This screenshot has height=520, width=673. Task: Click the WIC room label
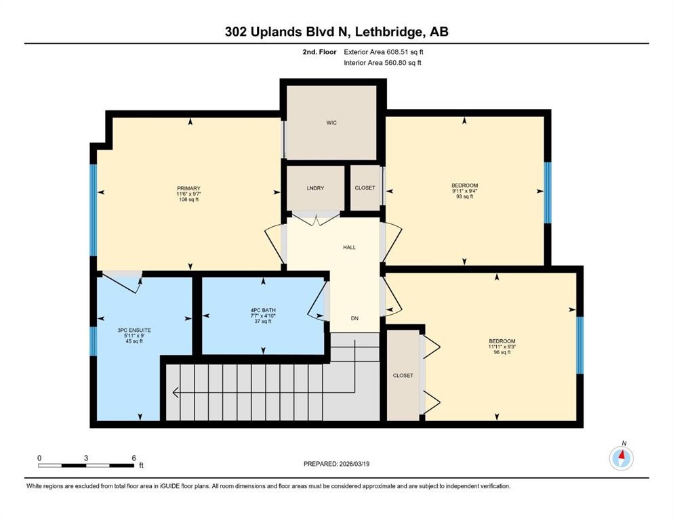331,123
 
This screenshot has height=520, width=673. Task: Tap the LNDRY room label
315,188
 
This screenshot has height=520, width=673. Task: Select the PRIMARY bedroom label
189,188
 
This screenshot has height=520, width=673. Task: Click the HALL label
349,247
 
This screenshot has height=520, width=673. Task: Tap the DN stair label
354,318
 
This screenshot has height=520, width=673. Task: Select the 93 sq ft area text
465,197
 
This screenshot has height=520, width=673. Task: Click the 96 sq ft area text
502,353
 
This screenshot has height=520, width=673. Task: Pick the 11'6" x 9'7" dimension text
189,194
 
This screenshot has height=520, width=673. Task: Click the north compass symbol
621,458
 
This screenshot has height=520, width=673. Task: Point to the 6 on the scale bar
134,458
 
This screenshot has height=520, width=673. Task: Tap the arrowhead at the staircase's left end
176,391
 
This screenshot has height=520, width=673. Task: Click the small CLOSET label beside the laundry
365,188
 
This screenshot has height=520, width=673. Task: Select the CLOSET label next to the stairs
403,375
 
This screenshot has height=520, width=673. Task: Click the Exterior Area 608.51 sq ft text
387,51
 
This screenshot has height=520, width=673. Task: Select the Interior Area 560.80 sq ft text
383,63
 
